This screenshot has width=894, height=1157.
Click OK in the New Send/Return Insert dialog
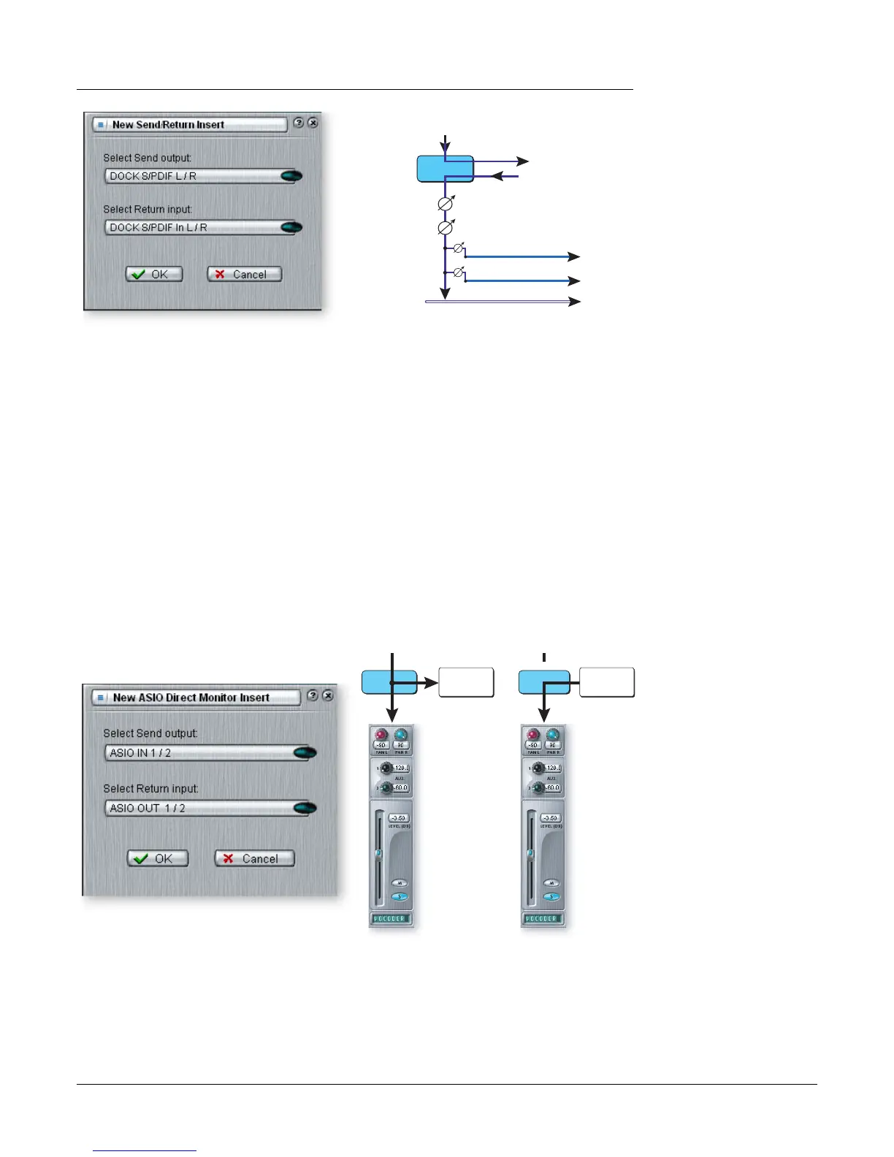tap(154, 275)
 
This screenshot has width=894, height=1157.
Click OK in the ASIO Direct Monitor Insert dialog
tap(158, 858)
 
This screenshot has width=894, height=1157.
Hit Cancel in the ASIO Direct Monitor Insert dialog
tap(254, 858)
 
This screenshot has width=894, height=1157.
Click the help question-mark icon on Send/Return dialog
tap(298, 123)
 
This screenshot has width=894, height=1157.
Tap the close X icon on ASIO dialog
tap(328, 695)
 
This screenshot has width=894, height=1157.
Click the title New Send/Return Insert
tap(168, 125)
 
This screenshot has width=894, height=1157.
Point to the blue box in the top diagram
tap(445, 169)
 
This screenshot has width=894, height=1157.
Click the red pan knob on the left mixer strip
tap(381, 736)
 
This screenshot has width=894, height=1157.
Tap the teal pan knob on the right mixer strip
tap(553, 736)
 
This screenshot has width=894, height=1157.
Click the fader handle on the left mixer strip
tap(378, 853)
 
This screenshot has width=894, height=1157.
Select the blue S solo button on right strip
tap(552, 897)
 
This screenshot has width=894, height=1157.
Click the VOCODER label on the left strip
tap(391, 919)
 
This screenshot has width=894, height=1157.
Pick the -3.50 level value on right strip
tap(550, 818)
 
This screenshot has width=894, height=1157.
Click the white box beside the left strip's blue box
tap(466, 683)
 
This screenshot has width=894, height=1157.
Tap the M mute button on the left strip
tap(400, 883)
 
